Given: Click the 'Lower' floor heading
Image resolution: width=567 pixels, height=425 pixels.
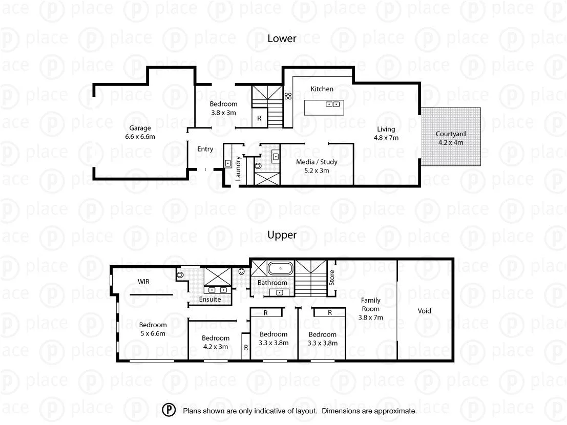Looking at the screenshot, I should click(x=282, y=38).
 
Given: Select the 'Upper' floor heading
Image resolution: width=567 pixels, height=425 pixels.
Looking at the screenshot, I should click(x=282, y=235).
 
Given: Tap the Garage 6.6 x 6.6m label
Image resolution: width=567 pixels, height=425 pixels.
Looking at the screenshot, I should click(x=140, y=132).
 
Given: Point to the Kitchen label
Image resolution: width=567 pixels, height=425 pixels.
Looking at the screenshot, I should click(x=322, y=89).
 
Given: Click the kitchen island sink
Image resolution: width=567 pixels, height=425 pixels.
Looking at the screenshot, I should click(x=333, y=104).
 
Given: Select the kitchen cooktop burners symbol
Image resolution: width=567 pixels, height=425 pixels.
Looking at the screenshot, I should click(x=288, y=95).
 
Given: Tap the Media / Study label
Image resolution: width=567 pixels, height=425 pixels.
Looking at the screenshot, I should click(x=317, y=166).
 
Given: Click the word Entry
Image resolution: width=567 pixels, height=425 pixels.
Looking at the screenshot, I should click(x=205, y=149).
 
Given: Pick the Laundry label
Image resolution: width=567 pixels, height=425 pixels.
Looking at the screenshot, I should click(x=238, y=168).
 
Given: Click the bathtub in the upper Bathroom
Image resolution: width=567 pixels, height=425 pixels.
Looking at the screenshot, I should click(x=281, y=268).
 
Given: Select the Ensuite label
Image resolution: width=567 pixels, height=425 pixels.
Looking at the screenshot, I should click(x=210, y=299).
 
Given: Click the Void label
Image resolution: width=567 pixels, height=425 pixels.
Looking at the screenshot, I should click(x=425, y=311).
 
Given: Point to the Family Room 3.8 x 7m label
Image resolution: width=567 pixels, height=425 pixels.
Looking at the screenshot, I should click(x=371, y=309).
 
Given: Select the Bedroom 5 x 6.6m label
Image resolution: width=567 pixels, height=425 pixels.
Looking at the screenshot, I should click(x=153, y=329).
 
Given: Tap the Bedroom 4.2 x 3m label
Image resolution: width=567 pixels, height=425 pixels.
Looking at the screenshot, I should click(x=215, y=342).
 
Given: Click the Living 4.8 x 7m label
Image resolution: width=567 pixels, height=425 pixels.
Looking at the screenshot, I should click(x=387, y=133).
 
